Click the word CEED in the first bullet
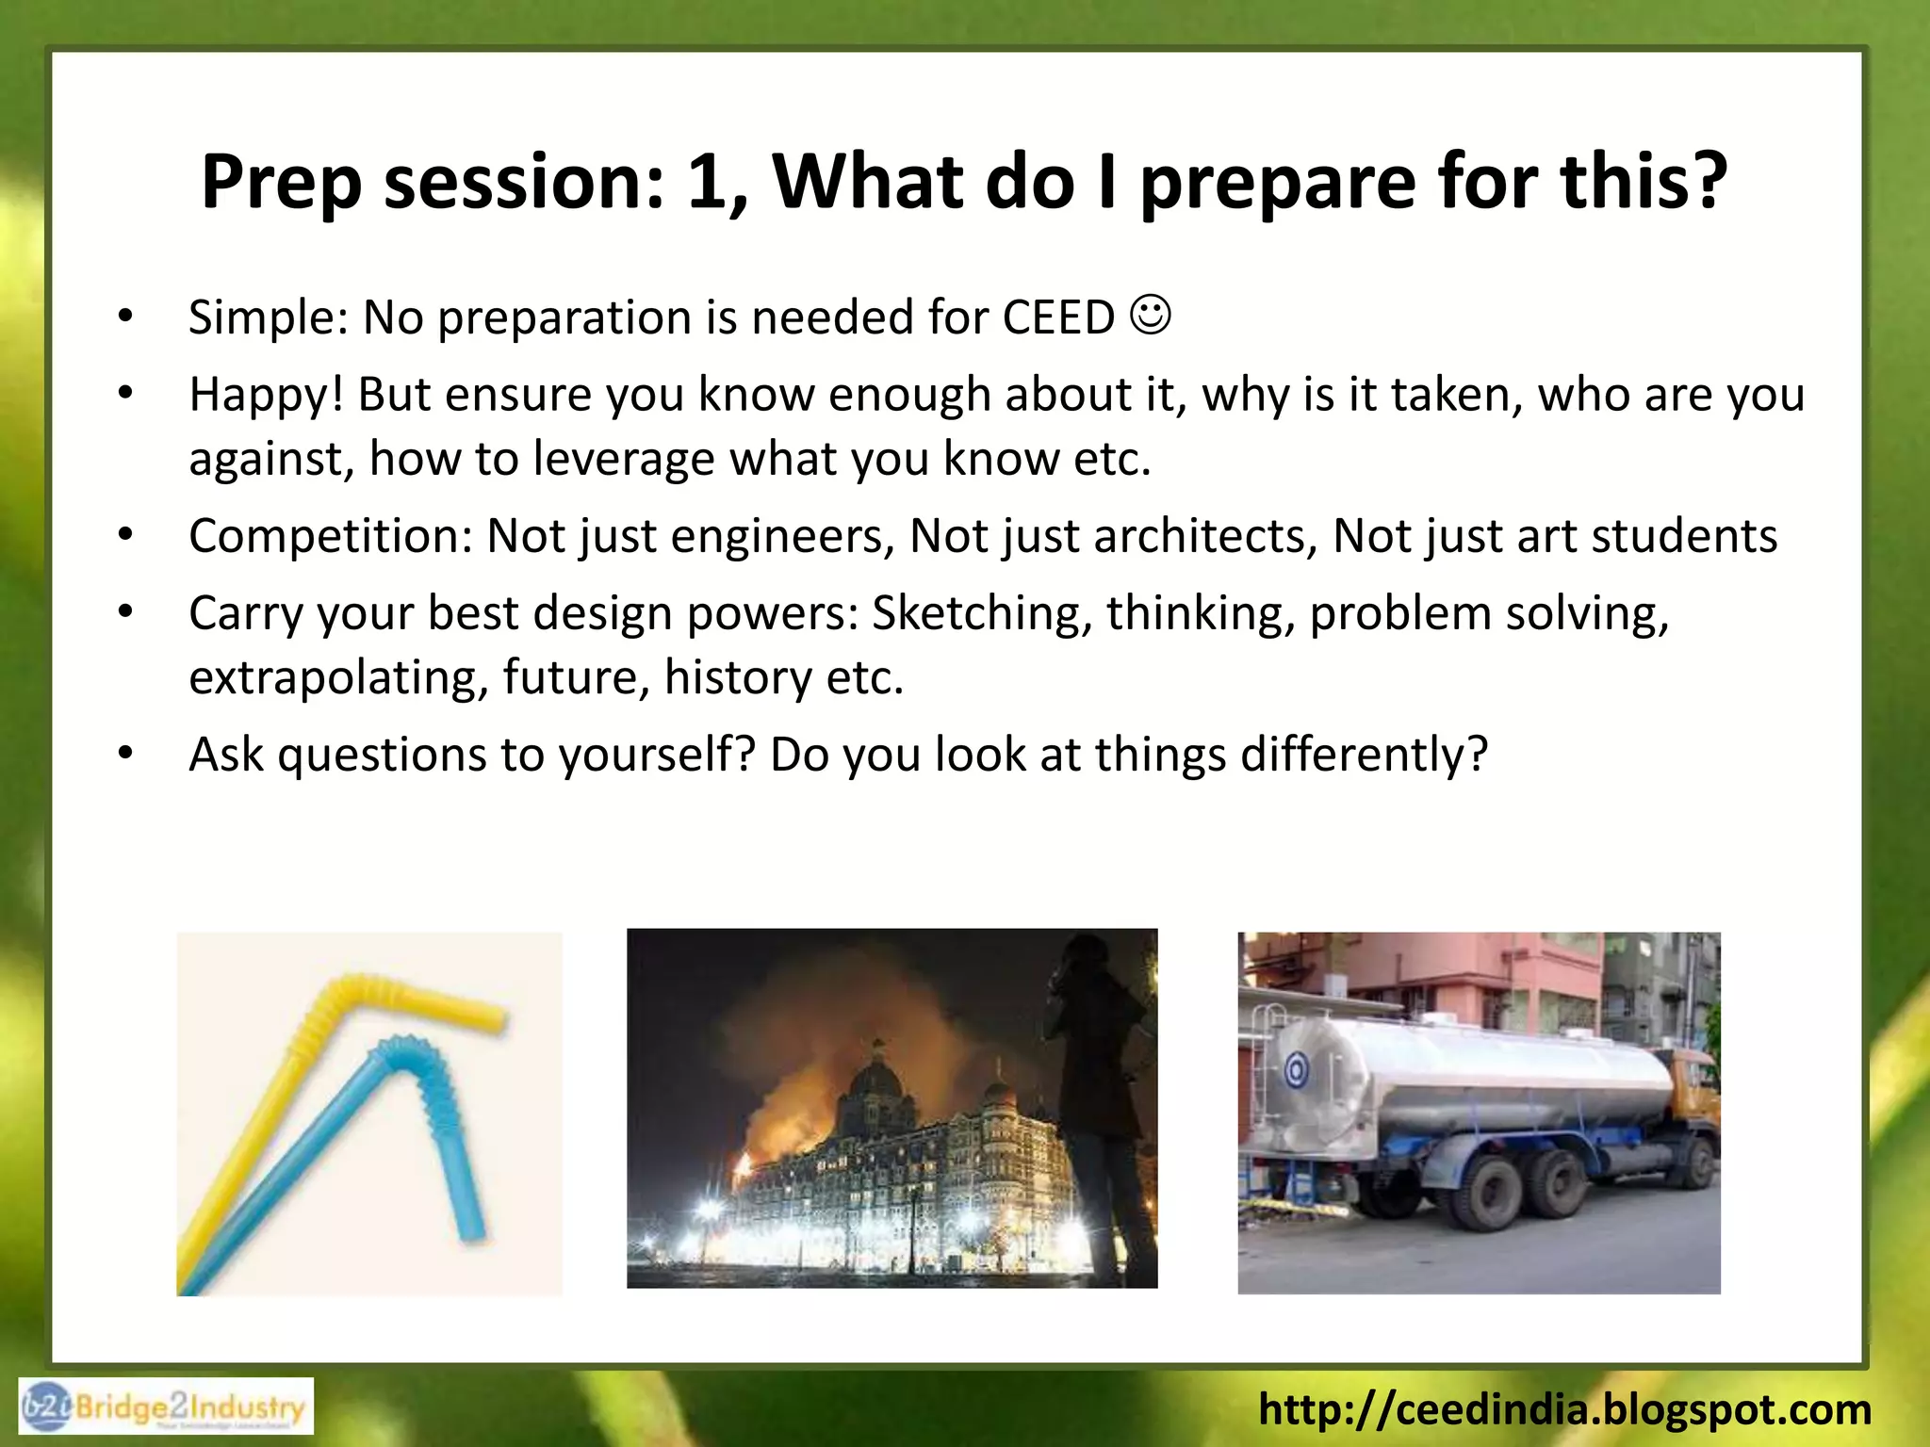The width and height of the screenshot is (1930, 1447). coord(1057,317)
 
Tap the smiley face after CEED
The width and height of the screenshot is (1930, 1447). coord(1150,315)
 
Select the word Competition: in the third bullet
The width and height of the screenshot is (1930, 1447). coord(330,536)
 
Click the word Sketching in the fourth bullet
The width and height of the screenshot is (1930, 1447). coord(981,613)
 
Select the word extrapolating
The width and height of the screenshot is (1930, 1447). coord(337,677)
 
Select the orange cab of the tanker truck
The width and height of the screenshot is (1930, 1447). coord(1692,1093)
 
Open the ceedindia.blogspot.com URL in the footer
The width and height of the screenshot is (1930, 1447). coord(1564,1409)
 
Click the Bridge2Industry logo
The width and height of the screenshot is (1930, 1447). coord(166,1406)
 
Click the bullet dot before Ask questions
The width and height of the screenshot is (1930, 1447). coord(126,755)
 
